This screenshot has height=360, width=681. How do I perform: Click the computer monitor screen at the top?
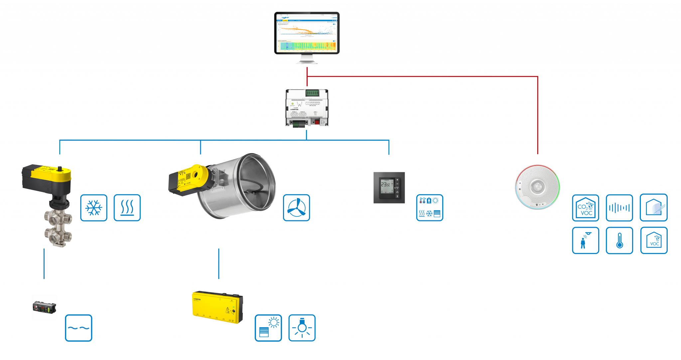[307, 33]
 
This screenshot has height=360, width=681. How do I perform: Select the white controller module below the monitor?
[307, 107]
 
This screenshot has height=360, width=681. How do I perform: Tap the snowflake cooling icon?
[94, 208]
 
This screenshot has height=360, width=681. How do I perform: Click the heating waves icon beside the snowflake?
[127, 208]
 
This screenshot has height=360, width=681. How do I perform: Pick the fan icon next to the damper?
[296, 208]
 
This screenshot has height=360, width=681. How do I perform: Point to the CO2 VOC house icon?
[585, 208]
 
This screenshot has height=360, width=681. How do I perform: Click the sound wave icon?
[619, 208]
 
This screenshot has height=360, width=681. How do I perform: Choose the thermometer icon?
[619, 240]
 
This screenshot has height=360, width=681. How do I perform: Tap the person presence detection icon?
[585, 240]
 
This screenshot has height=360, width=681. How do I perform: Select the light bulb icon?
[302, 328]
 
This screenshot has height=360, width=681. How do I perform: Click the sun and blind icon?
[268, 328]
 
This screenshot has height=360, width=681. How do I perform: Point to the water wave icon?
[78, 328]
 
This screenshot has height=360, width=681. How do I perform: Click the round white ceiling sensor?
[537, 187]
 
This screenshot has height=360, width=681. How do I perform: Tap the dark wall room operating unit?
[389, 187]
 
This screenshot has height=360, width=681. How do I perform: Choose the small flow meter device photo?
[44, 307]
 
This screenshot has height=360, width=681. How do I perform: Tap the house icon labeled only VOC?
[654, 240]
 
